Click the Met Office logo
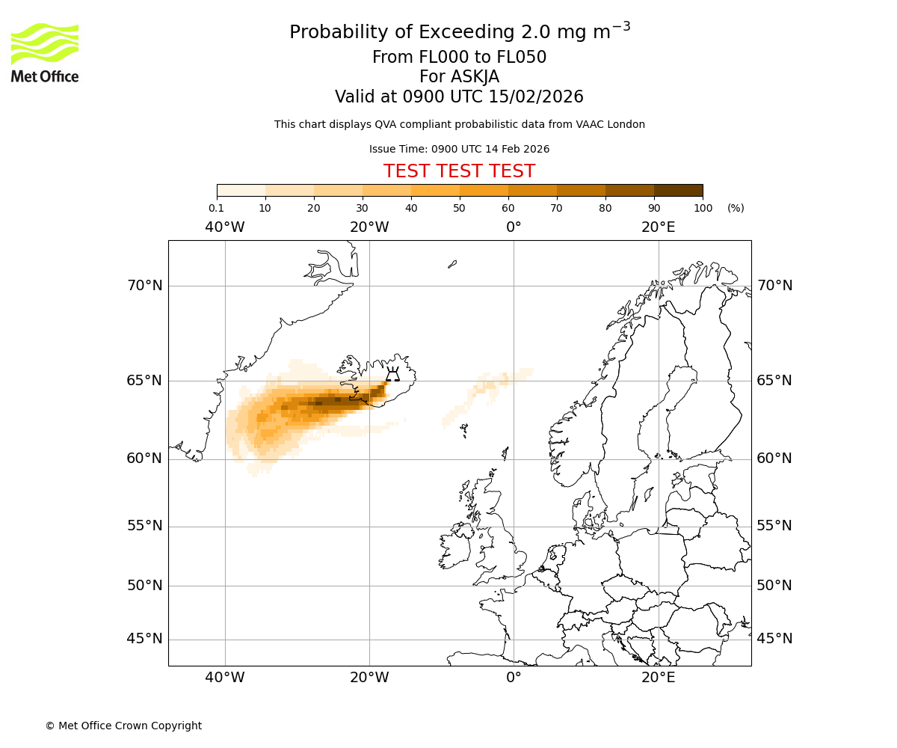pyautogui.click(x=45, y=52)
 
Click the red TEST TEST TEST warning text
pyautogui.click(x=459, y=171)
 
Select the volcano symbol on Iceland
pyautogui.click(x=392, y=375)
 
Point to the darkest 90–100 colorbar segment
pyautogui.click(x=678, y=190)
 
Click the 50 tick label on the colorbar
pyautogui.click(x=459, y=208)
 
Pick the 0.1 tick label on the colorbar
pyautogui.click(x=217, y=208)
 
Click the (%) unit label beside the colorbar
pyautogui.click(x=736, y=208)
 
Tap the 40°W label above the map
pyautogui.click(x=225, y=227)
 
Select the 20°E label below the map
pyautogui.click(x=658, y=678)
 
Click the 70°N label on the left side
pyautogui.click(x=144, y=286)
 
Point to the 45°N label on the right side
pyautogui.click(x=774, y=639)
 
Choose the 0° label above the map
pyautogui.click(x=514, y=227)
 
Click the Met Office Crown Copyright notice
pyautogui.click(x=123, y=726)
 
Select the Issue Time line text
pyautogui.click(x=459, y=149)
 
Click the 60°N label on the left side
pyautogui.click(x=144, y=459)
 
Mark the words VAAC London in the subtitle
pyautogui.click(x=612, y=124)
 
